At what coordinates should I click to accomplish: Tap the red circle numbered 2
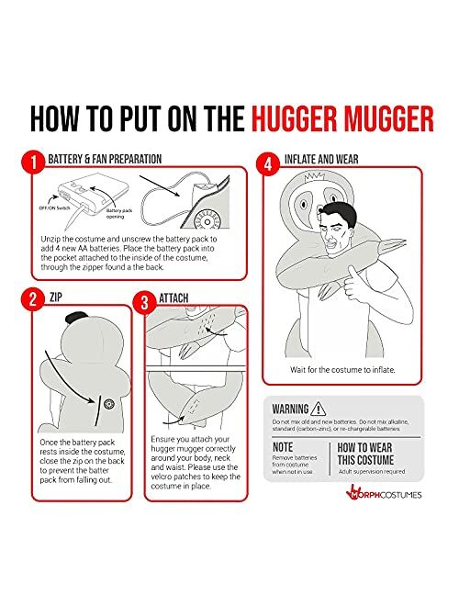(x=30, y=300)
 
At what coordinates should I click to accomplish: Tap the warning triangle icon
(x=318, y=409)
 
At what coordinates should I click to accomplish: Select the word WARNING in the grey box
(x=288, y=410)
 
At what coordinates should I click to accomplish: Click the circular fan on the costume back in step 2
(x=107, y=402)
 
